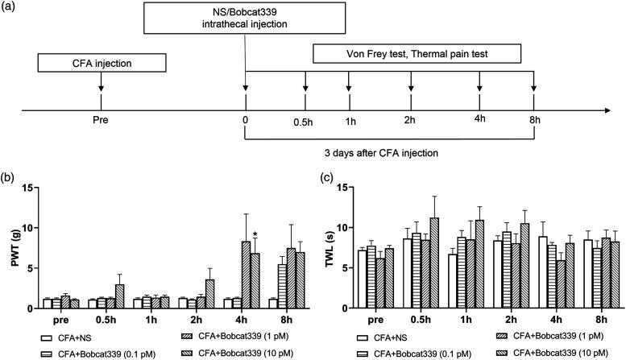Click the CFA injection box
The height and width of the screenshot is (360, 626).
[102, 63]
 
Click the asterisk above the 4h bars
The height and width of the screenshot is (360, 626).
[255, 236]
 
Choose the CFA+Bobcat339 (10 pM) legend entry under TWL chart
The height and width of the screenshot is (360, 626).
[548, 351]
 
